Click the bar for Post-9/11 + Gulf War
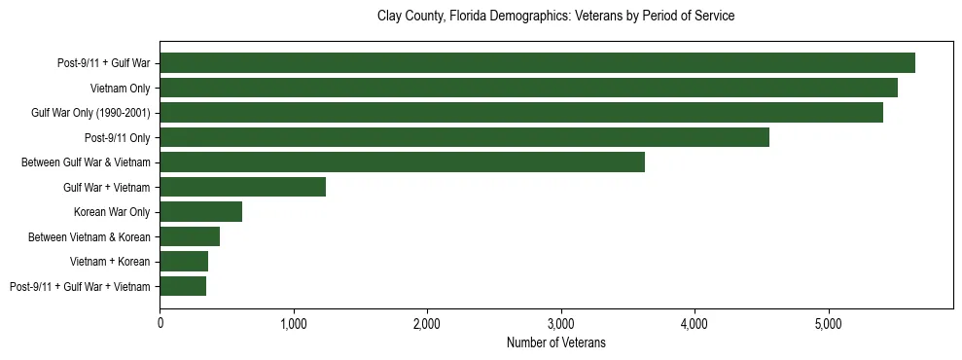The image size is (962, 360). point(537,63)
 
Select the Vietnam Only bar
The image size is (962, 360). point(528,89)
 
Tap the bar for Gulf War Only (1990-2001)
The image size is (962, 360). point(521,113)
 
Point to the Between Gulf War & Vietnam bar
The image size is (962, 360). point(402,162)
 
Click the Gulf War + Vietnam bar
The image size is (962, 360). point(242,187)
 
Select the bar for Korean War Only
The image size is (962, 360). point(200,212)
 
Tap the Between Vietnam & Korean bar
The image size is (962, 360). point(190,236)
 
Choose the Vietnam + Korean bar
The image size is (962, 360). point(184,261)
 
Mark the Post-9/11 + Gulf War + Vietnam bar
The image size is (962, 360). point(183,286)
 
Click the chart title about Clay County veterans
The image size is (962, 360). point(555,17)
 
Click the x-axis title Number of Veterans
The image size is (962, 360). point(555,342)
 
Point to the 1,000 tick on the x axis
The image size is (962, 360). point(293,322)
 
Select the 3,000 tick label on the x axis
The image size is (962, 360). point(560,322)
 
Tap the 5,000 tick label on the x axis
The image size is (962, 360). point(828,322)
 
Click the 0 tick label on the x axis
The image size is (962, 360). point(160,322)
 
